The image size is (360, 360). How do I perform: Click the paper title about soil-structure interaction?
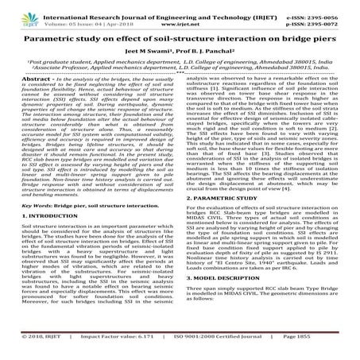click(179, 37)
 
